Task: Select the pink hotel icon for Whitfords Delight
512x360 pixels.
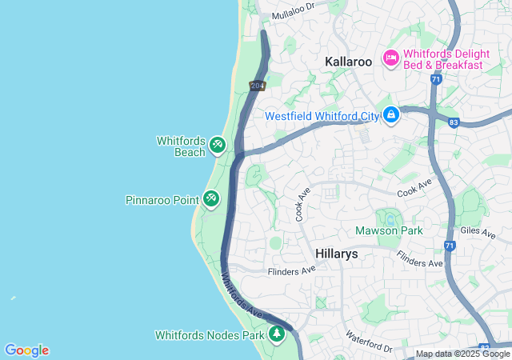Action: (x=391, y=57)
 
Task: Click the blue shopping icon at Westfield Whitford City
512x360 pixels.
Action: (x=390, y=116)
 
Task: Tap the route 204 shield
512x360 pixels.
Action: (x=257, y=86)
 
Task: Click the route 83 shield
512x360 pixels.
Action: (x=454, y=122)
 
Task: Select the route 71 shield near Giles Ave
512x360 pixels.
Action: (x=450, y=246)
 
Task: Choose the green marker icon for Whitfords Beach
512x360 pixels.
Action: (x=218, y=145)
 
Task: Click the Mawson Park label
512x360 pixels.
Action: (x=389, y=231)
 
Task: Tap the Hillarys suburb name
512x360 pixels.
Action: (x=336, y=254)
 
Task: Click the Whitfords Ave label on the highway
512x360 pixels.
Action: (x=242, y=295)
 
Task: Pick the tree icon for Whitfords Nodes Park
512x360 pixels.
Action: (x=277, y=334)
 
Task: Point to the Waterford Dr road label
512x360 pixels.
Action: (x=369, y=342)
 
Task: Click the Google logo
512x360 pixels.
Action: (x=26, y=350)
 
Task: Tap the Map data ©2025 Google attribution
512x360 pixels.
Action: (x=462, y=354)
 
